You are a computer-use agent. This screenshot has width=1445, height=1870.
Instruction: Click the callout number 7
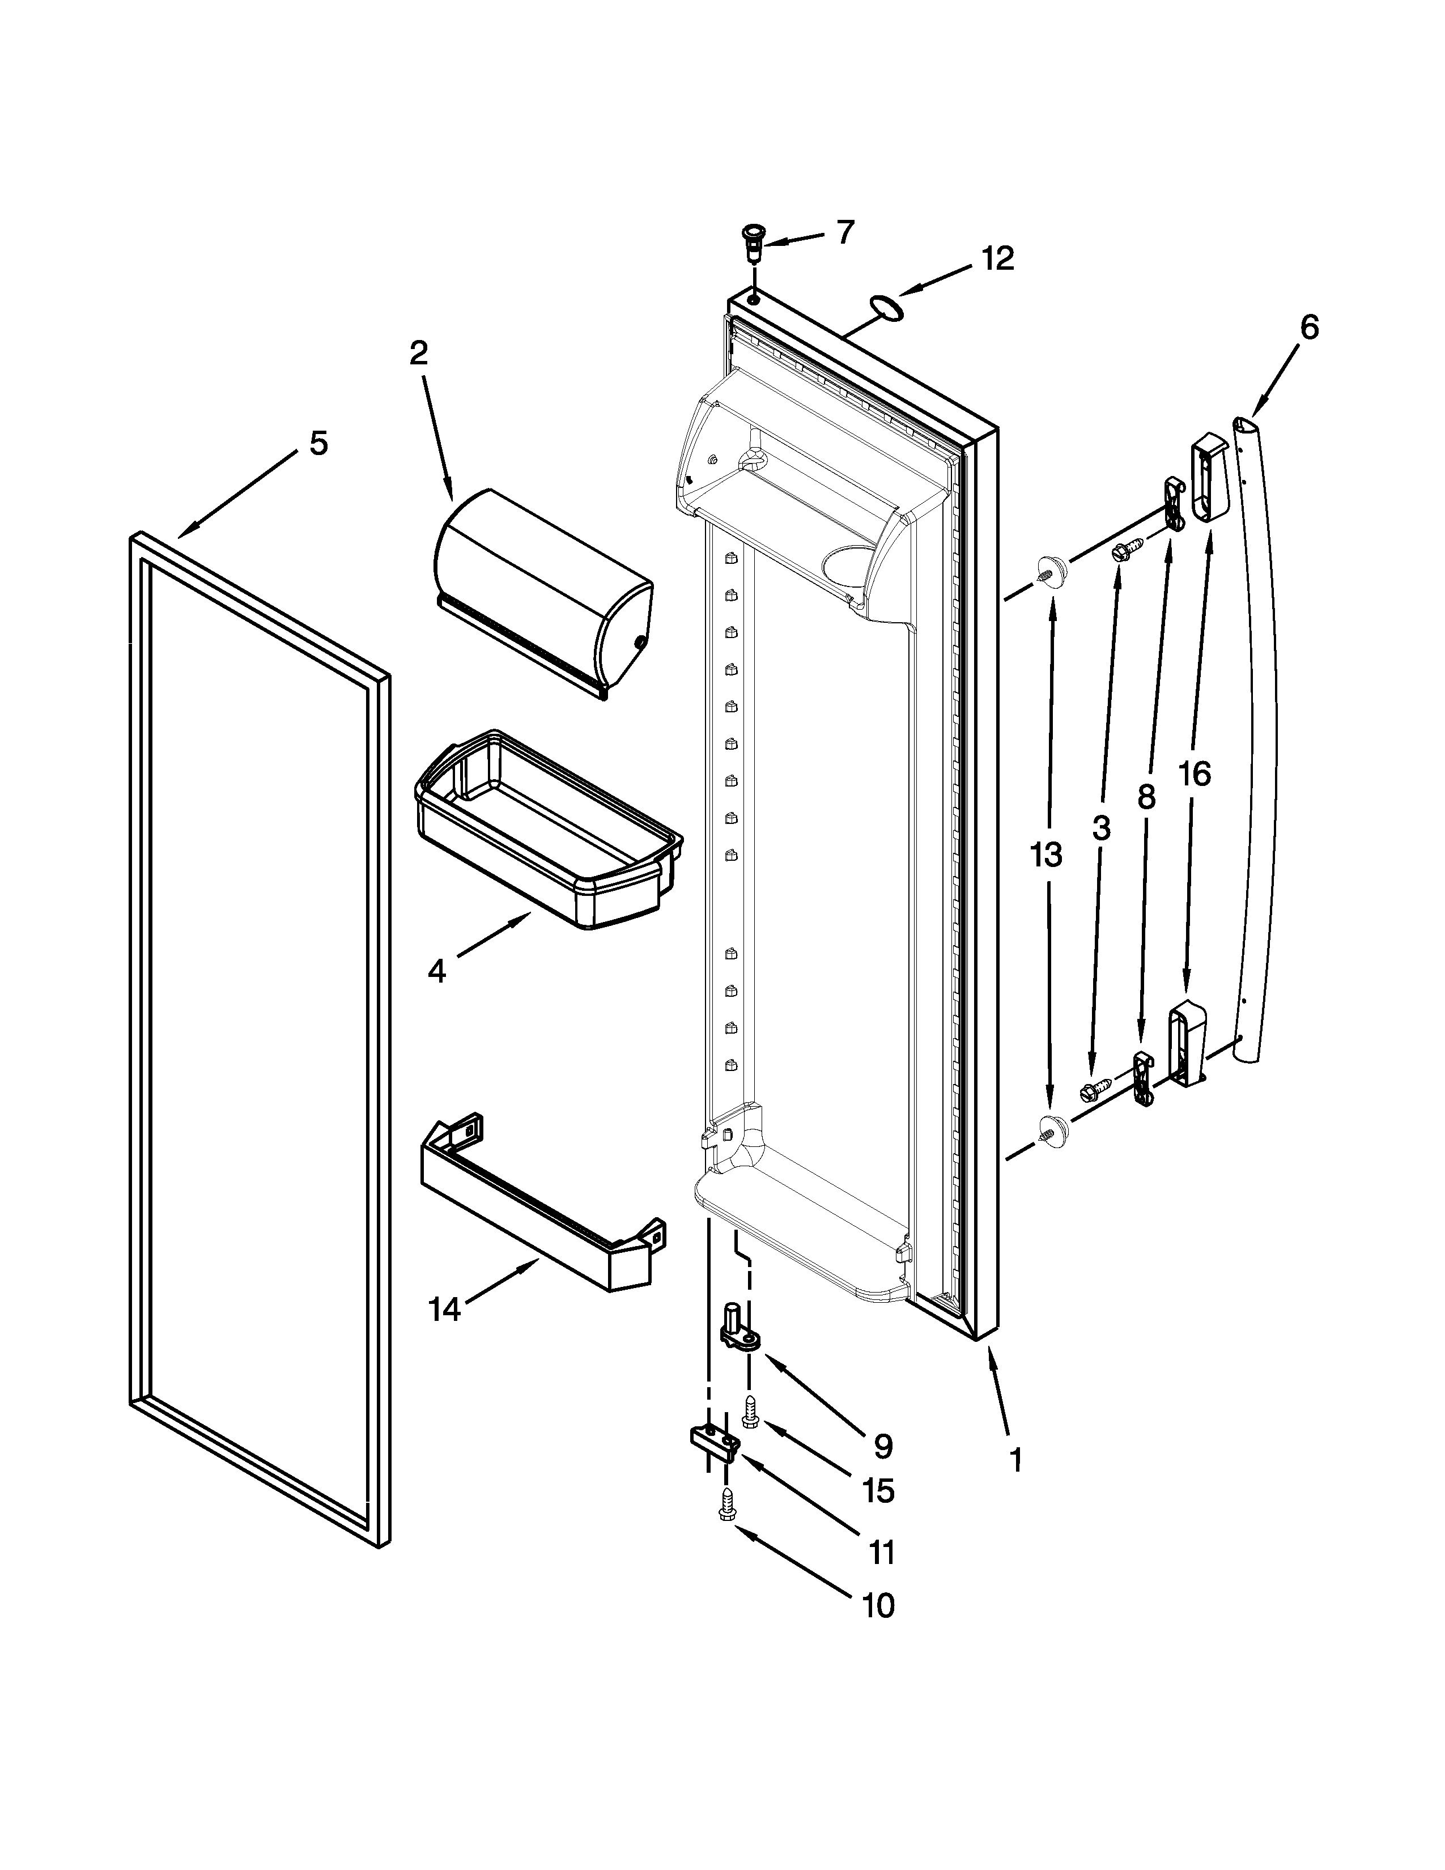[844, 232]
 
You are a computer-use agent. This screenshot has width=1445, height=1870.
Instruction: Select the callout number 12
[997, 258]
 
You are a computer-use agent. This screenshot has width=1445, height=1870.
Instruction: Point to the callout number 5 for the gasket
[317, 444]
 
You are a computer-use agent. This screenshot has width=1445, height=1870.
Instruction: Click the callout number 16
[1193, 774]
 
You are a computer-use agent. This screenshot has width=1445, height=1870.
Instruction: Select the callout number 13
[1045, 855]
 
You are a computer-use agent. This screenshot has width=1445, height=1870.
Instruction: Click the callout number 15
[878, 1491]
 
